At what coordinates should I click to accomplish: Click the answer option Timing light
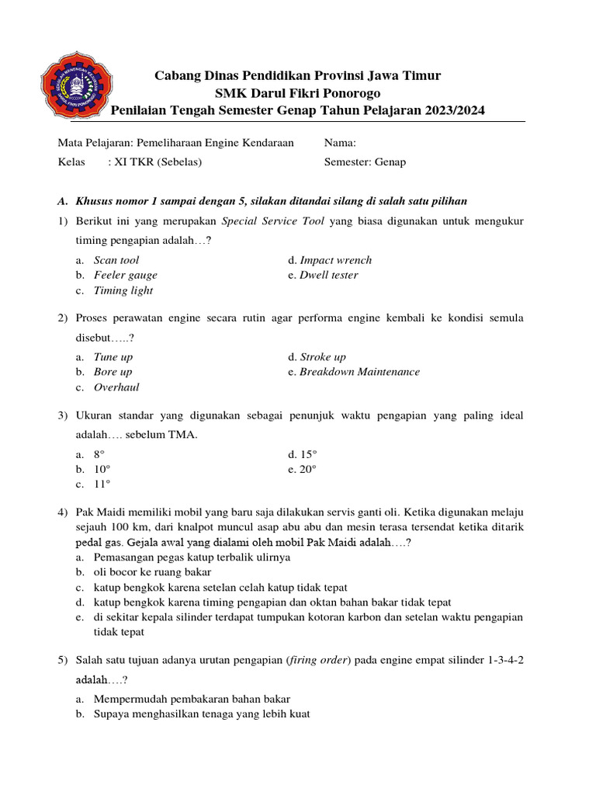(x=123, y=290)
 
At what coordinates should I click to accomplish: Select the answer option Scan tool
(x=116, y=260)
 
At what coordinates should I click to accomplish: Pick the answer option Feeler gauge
(x=125, y=275)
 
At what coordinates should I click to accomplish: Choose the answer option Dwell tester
(x=328, y=275)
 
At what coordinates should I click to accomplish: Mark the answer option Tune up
(x=113, y=357)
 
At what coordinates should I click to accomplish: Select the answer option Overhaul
(x=116, y=387)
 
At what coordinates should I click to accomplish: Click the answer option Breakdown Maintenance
(x=359, y=372)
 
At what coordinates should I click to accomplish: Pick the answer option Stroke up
(x=323, y=357)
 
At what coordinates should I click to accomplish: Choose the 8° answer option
(x=99, y=454)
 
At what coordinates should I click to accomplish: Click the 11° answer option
(x=102, y=484)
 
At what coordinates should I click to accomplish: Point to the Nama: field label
(x=340, y=143)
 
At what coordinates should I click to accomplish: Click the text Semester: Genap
(x=365, y=162)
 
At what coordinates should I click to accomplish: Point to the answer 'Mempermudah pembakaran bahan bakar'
(x=192, y=699)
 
